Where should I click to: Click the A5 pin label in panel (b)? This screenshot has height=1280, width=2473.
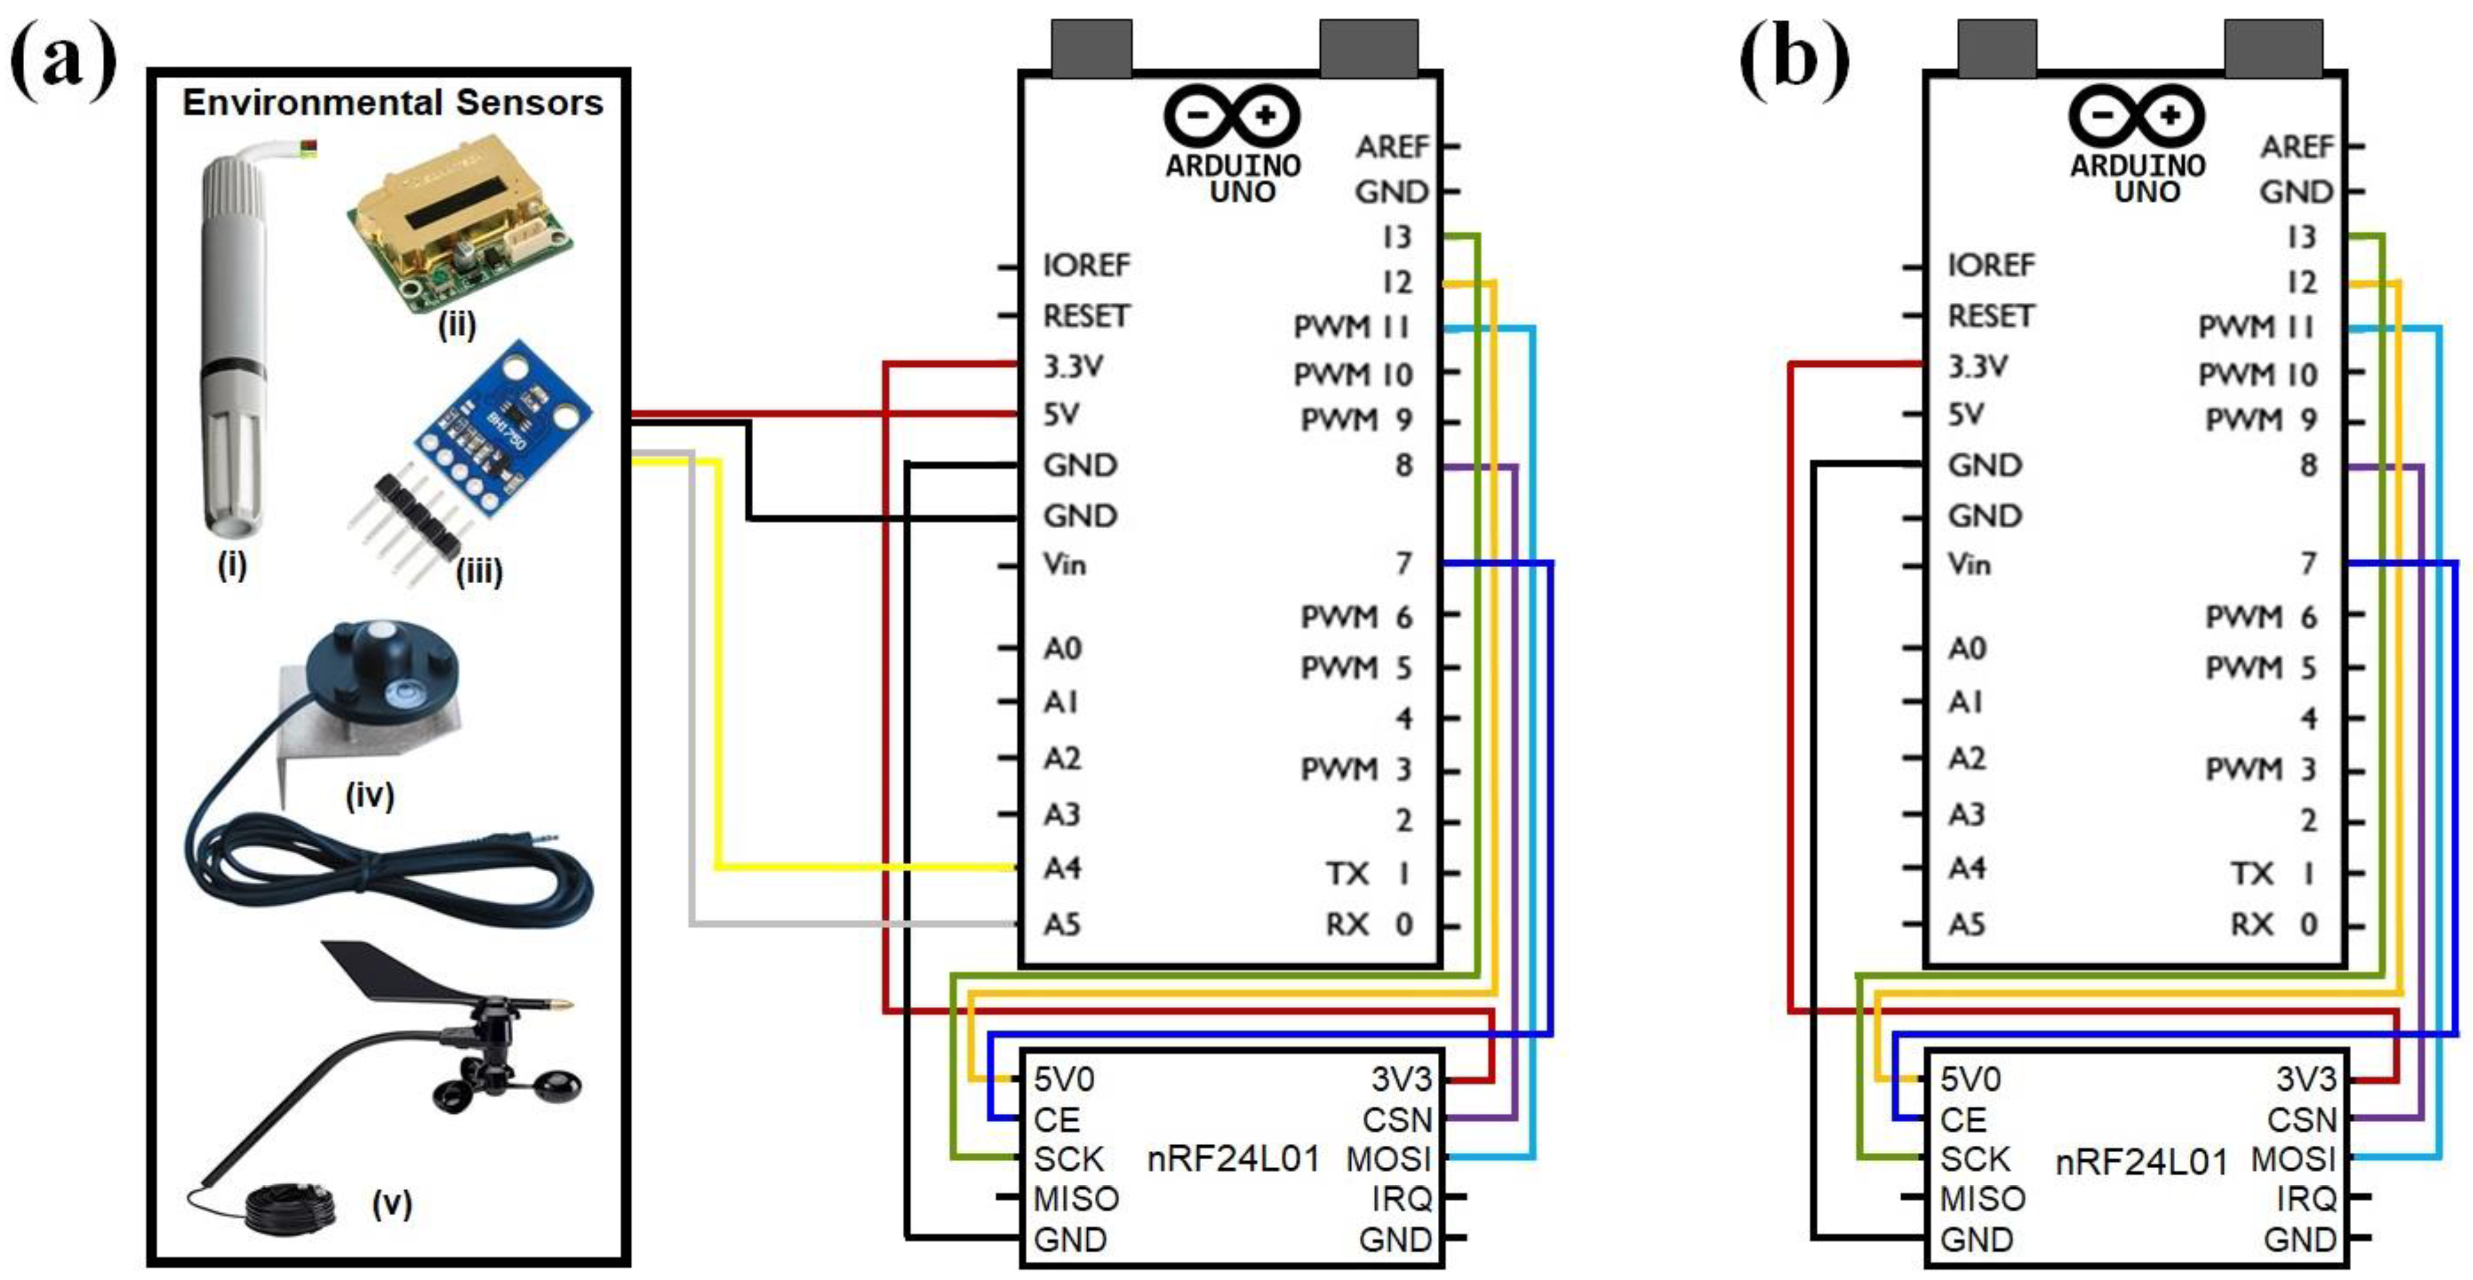[1967, 924]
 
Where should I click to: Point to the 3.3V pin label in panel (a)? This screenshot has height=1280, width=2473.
[1073, 366]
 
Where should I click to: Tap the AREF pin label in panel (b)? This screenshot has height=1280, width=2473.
[2296, 147]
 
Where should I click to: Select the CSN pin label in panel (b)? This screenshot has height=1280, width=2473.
[2301, 1120]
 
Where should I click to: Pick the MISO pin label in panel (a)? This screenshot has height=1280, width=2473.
[1076, 1200]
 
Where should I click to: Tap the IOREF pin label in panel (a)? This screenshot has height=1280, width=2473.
[1087, 265]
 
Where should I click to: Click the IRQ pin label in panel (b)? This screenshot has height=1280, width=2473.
[2306, 1200]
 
